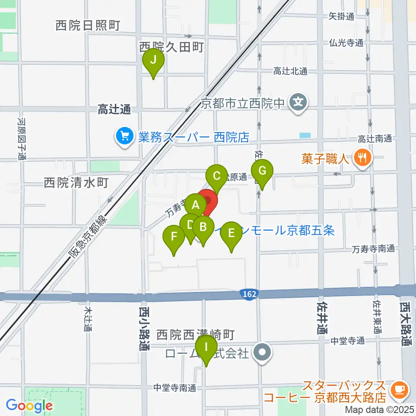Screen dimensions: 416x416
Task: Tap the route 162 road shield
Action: tap(249, 294)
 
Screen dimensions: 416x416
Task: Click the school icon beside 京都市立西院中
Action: tap(299, 103)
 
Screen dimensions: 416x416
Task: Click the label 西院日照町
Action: tap(88, 26)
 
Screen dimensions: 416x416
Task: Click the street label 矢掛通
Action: tap(341, 16)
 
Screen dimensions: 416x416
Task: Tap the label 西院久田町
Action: tap(172, 47)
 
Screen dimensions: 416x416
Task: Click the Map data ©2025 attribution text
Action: tap(380, 409)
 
